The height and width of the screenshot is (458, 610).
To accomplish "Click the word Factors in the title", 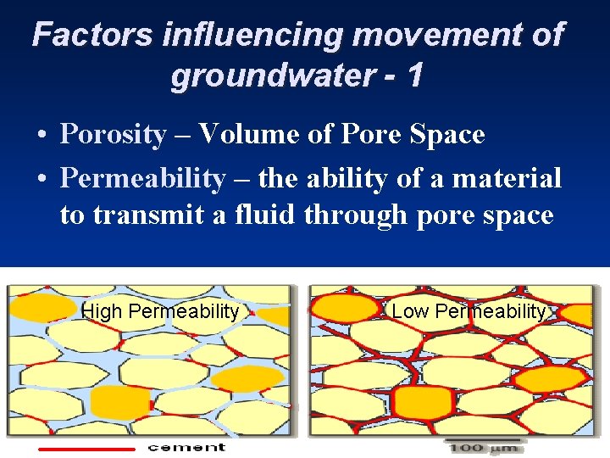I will click(x=92, y=36).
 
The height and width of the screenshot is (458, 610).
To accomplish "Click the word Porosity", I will click(x=114, y=135).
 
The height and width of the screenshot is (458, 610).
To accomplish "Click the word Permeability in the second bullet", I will click(x=143, y=179).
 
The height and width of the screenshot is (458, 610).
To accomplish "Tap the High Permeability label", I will click(x=160, y=311).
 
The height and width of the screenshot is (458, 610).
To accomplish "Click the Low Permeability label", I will click(x=469, y=311).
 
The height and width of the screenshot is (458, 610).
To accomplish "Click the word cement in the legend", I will click(x=186, y=447).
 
